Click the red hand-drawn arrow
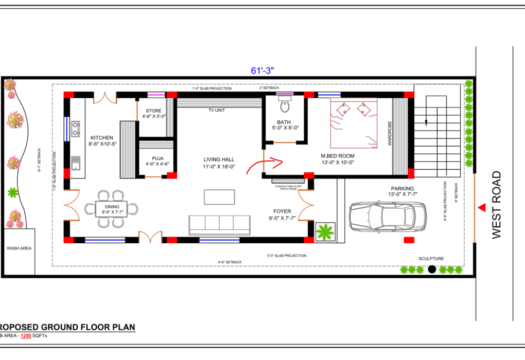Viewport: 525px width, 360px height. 265,166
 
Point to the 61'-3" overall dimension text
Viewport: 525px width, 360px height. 263,71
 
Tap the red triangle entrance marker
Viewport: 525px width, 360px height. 482,207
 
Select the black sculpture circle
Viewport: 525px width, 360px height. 432,269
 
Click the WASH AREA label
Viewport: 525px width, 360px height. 19,248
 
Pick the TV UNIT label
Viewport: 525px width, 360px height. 218,110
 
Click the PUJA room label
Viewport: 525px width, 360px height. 157,158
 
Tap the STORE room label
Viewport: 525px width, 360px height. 153,111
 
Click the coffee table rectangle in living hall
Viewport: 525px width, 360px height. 220,197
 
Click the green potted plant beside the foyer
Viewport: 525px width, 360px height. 325,232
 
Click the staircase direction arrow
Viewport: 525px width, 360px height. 426,121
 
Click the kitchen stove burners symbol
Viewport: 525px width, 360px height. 76,129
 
